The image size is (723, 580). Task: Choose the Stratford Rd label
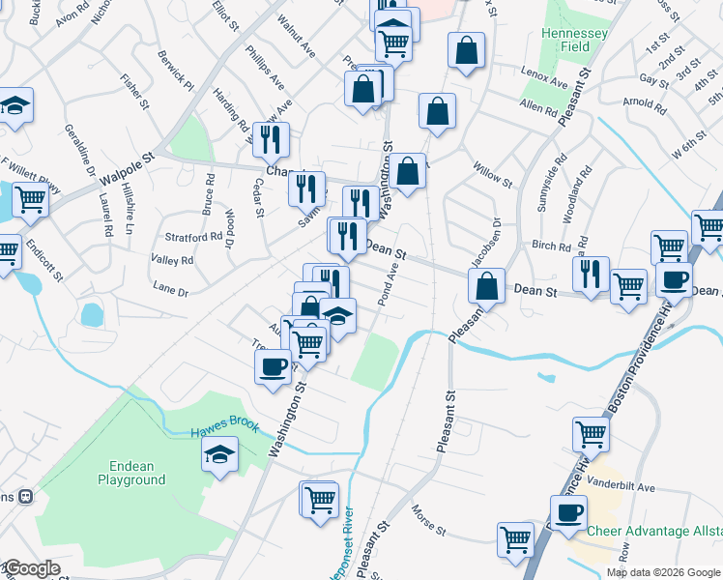(x=194, y=236)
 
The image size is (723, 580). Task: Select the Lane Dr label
(x=170, y=288)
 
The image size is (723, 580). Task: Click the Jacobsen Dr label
(x=485, y=242)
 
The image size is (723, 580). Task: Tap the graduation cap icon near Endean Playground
(x=219, y=453)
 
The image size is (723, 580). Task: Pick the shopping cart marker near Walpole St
(x=30, y=199)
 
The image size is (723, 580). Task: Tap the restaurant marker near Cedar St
(x=271, y=139)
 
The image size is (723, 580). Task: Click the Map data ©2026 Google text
(x=662, y=572)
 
